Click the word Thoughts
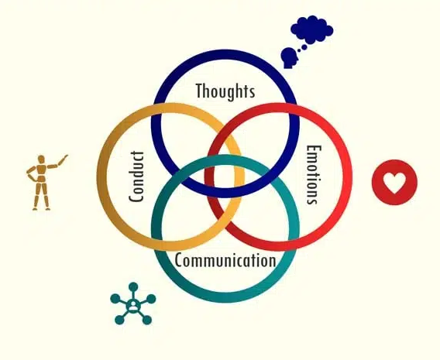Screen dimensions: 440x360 (225, 91)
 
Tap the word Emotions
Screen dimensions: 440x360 (314, 175)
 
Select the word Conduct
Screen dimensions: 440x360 (136, 177)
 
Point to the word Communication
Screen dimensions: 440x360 (225, 260)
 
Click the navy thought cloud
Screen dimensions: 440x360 (311, 29)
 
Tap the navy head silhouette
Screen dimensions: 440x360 (289, 58)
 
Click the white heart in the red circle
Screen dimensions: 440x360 (394, 183)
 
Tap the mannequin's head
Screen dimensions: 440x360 (41, 159)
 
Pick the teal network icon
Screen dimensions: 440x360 (132, 303)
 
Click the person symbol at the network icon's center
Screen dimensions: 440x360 (133, 305)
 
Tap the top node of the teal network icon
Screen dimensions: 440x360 (133, 287)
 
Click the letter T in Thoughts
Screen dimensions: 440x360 (199, 91)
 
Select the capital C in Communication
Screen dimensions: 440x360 (179, 260)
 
